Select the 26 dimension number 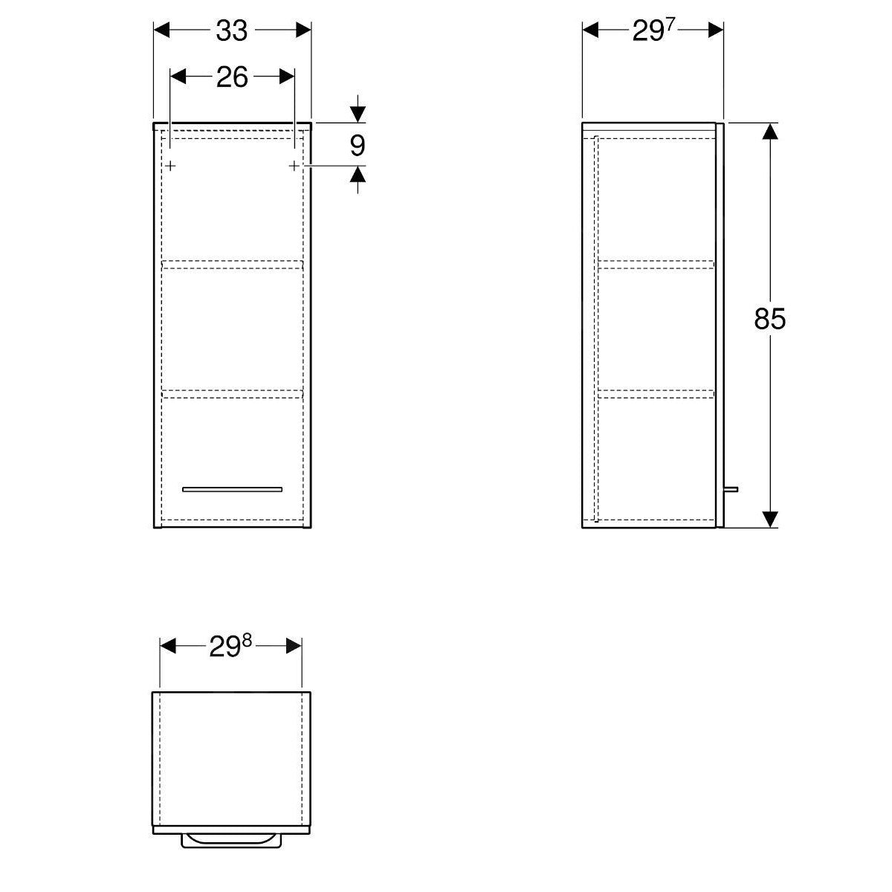[x=232, y=77]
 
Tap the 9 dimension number [x=358, y=145]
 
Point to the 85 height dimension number [x=769, y=319]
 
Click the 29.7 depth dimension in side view [x=652, y=30]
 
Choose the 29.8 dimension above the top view [x=230, y=647]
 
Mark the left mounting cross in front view [x=171, y=165]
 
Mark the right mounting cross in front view [x=294, y=165]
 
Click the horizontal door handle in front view [x=232, y=489]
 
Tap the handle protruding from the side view [x=731, y=489]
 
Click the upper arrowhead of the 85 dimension [x=770, y=132]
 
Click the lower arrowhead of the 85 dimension [x=770, y=518]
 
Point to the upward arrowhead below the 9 [x=358, y=175]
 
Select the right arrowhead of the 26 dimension [x=286, y=77]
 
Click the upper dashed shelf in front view [x=232, y=264]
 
